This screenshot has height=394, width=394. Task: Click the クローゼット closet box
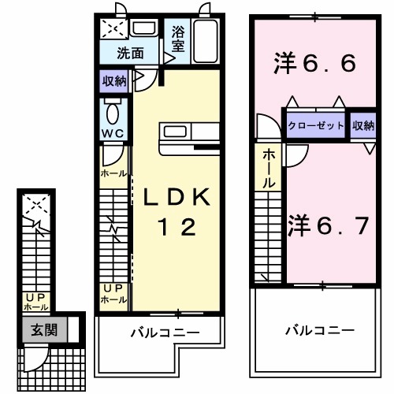(315, 125)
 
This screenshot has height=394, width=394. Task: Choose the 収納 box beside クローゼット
(364, 125)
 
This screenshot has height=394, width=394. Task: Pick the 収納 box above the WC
(114, 81)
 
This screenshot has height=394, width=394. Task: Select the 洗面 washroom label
(131, 54)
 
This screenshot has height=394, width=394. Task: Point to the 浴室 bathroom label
(177, 41)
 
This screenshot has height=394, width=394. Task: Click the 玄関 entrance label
(43, 330)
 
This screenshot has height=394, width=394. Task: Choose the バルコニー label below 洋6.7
(319, 330)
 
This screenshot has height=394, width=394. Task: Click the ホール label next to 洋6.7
(269, 166)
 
